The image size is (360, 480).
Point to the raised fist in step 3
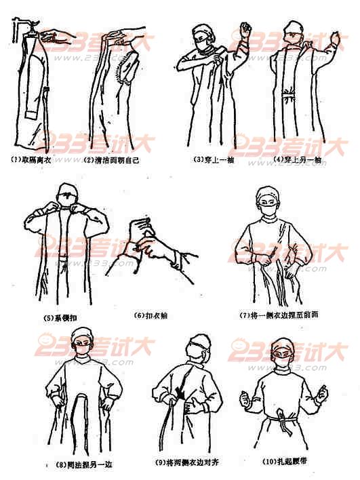242,30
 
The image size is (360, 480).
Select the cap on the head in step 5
66,190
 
